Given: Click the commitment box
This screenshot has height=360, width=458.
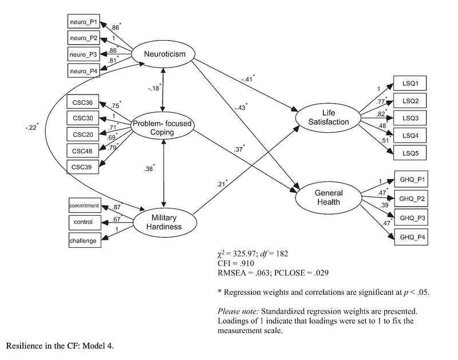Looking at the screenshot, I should [x=84, y=205].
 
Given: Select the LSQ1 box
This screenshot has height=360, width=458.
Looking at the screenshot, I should [x=409, y=83].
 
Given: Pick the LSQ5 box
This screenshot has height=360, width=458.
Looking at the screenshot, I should [x=409, y=153].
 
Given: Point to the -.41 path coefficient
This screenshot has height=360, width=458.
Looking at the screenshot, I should [x=247, y=79].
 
